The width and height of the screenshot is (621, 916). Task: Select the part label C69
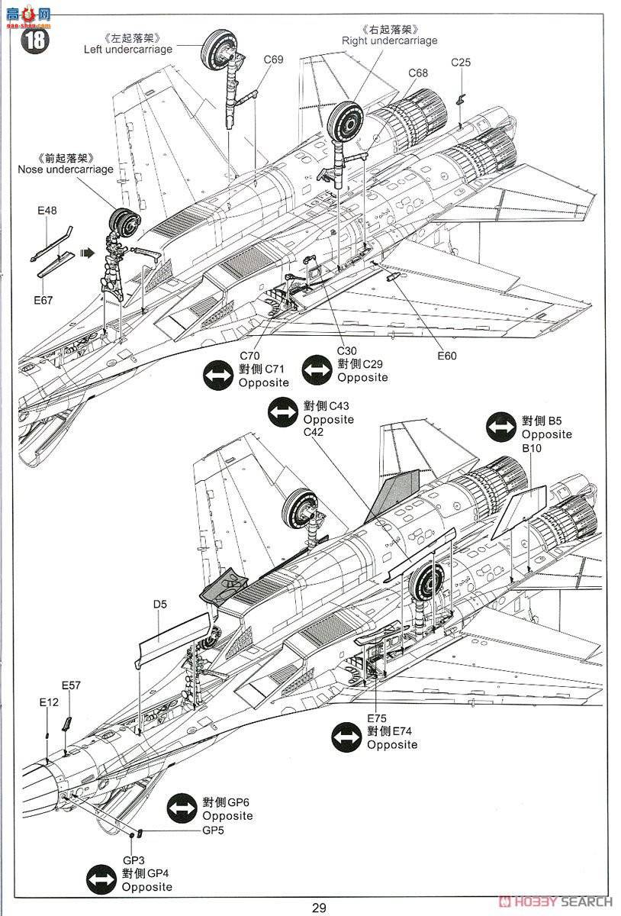coord(273,60)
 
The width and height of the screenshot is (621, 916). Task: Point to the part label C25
coord(461,62)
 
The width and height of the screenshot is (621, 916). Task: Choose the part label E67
coord(43,300)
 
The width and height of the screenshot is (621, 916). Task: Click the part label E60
coord(447,355)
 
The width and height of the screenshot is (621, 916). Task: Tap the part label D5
coord(159,605)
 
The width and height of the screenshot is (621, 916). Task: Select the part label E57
coord(71,685)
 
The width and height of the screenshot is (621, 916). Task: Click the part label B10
coord(532,448)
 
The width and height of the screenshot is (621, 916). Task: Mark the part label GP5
coord(213,831)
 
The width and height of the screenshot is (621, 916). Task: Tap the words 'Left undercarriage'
coord(128,49)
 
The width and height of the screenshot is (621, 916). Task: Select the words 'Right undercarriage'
coord(389,40)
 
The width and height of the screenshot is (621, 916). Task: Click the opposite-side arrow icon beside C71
coord(218,376)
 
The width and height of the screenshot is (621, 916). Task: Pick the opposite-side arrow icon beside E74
coord(346,737)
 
